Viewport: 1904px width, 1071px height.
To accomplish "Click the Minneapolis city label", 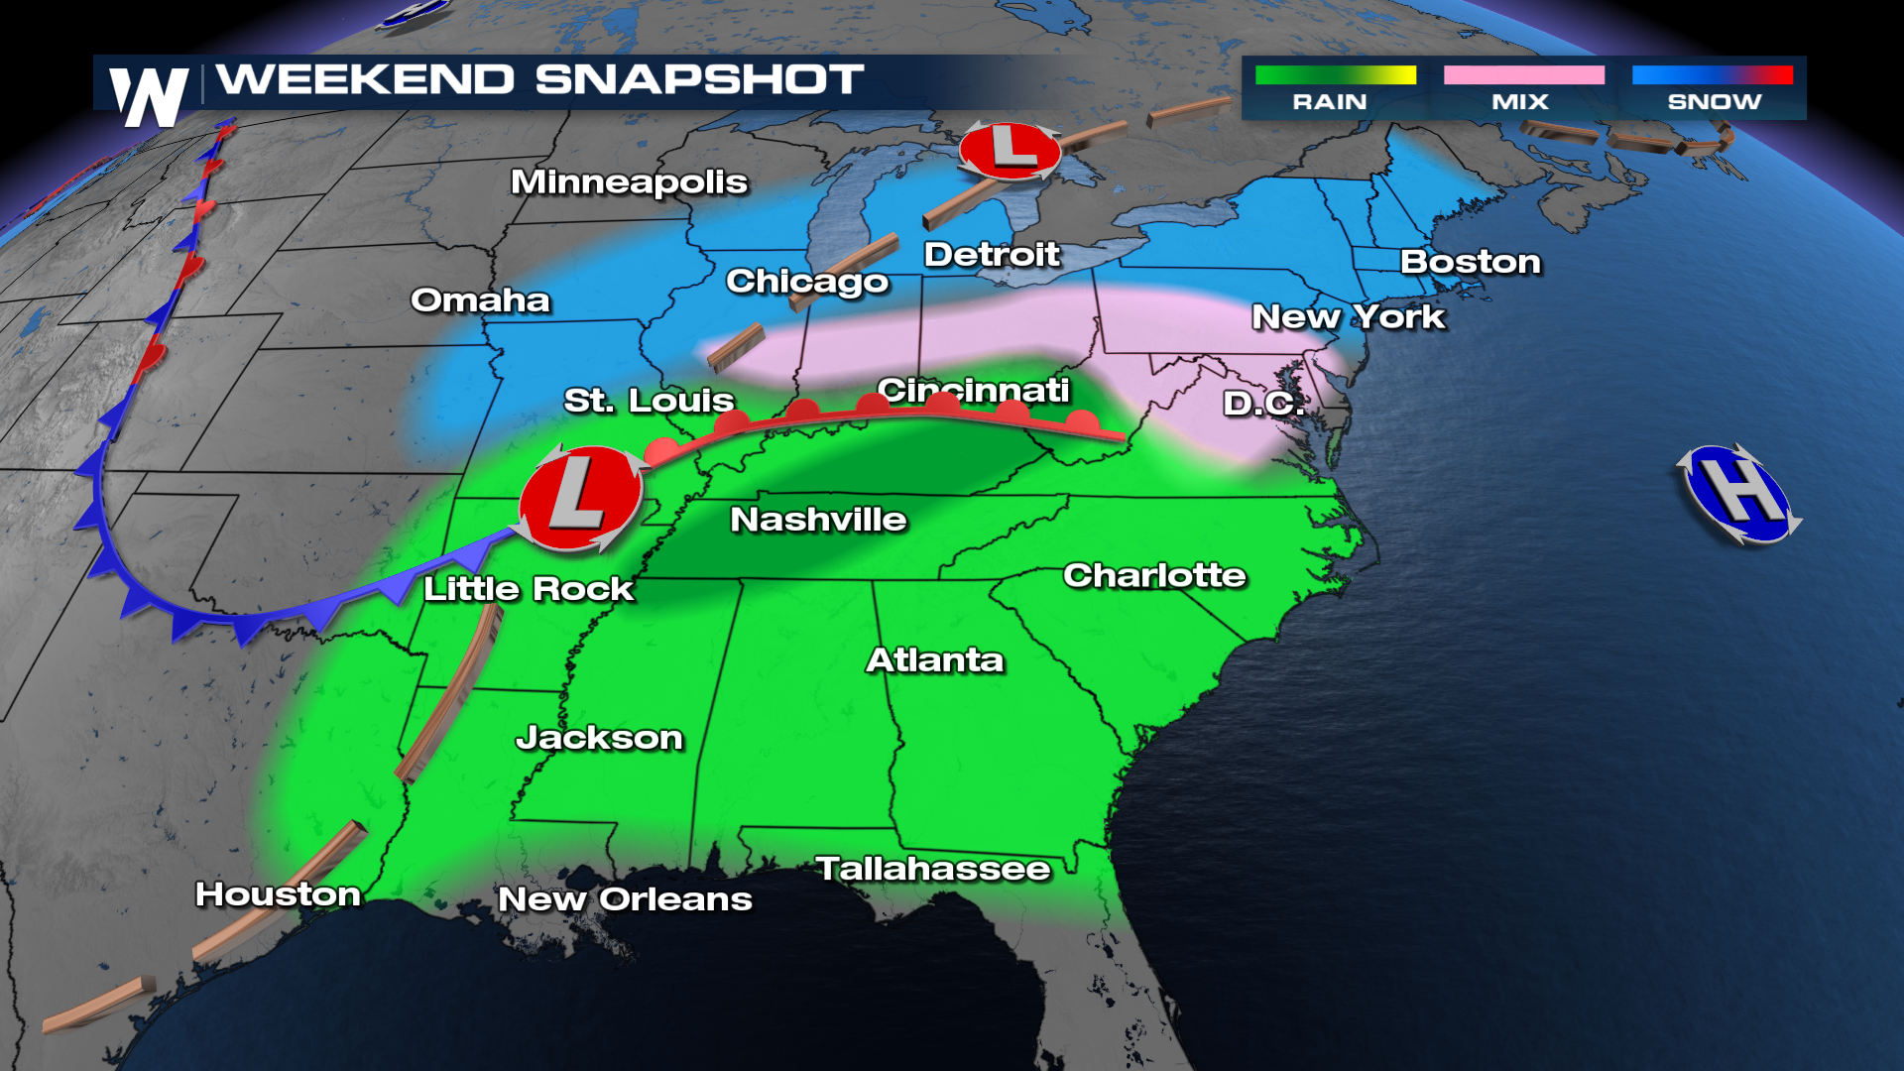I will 629,182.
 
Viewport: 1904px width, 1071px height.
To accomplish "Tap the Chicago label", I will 807,282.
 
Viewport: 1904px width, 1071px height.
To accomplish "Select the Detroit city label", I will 992,255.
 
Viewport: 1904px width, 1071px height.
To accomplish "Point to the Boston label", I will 1470,262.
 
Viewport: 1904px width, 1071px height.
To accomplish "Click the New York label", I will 1348,317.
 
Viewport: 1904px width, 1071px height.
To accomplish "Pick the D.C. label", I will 1262,403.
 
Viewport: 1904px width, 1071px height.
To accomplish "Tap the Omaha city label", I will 480,300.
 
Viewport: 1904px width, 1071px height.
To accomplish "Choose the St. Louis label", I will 649,401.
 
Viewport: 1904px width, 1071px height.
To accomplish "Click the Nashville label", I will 818,520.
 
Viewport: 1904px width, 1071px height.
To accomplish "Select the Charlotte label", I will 1154,575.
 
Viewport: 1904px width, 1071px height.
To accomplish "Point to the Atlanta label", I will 935,660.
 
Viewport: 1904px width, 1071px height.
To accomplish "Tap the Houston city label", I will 278,894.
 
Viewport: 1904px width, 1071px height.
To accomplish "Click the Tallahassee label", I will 932,869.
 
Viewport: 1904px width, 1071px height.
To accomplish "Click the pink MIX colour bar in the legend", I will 1523,75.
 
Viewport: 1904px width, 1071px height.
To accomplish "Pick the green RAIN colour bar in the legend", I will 1335,75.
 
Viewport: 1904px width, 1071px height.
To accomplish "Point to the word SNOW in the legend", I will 1714,102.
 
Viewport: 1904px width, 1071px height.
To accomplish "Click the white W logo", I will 150,96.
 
